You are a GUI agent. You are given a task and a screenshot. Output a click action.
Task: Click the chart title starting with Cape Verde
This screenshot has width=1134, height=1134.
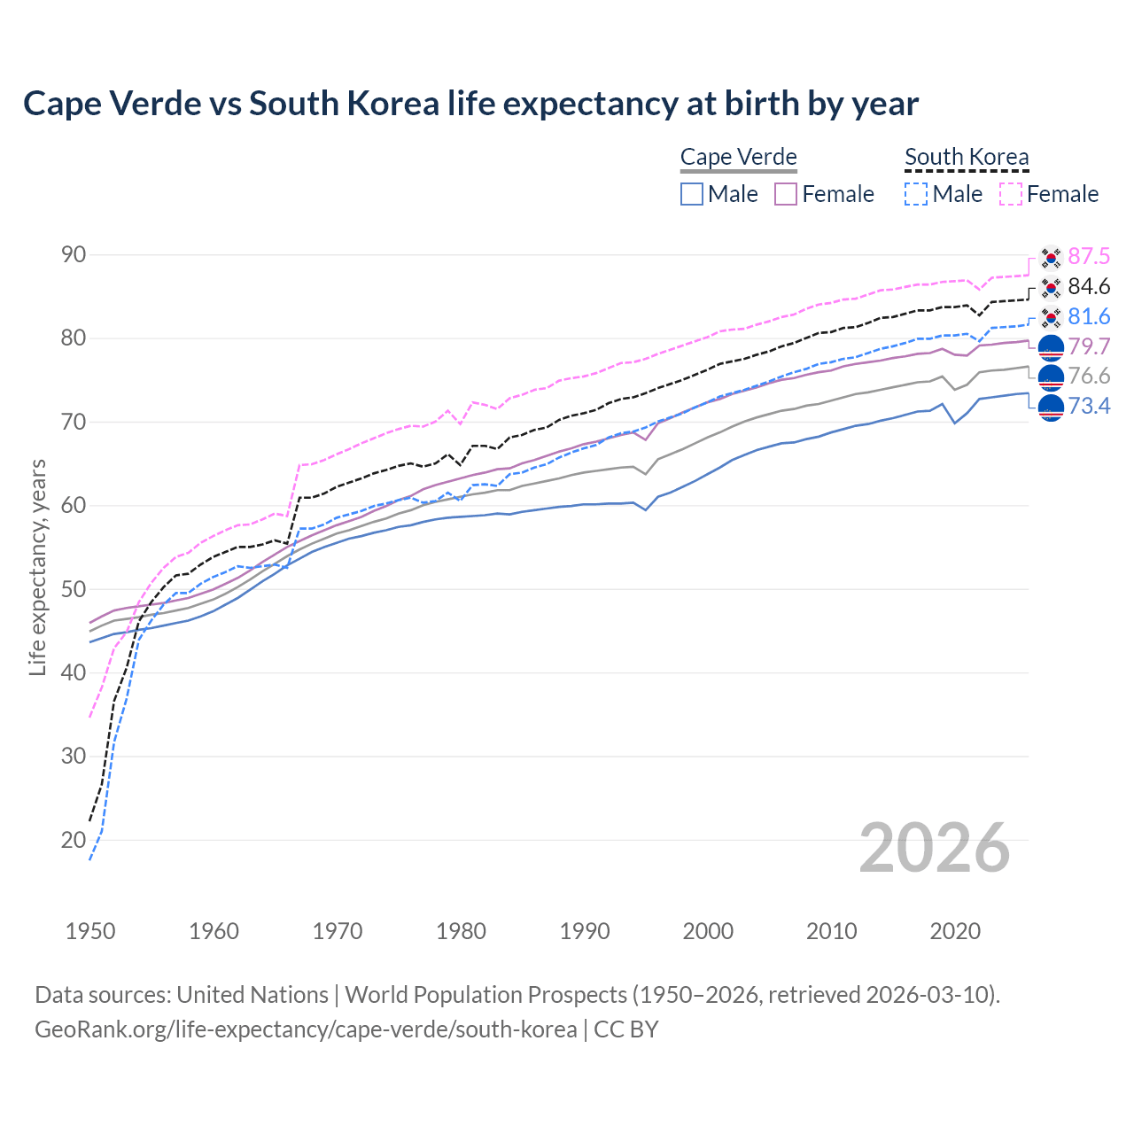point(470,104)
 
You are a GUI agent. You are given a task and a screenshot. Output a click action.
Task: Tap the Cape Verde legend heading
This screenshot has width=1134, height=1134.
point(738,157)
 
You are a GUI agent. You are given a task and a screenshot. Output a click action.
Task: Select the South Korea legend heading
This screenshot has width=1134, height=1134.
point(967,157)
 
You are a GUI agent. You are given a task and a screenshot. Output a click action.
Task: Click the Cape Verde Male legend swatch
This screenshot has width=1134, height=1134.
point(692,194)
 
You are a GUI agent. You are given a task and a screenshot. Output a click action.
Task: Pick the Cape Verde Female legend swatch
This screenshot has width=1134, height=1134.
point(786,194)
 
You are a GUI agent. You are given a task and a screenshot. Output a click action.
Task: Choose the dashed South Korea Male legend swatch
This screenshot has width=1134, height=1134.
point(916,194)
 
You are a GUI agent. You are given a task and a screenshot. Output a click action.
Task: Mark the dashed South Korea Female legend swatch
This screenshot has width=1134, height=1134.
point(1011,194)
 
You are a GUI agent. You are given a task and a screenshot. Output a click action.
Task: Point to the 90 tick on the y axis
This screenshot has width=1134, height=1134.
point(74,255)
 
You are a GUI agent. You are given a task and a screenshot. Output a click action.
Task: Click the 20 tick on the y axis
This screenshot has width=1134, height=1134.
point(74,840)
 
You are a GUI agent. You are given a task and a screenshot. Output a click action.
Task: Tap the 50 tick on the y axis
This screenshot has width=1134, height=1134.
point(74,589)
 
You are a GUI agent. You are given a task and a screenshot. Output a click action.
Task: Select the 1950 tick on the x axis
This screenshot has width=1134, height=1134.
point(90,931)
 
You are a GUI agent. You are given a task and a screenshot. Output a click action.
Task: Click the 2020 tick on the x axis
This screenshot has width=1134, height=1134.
point(955,931)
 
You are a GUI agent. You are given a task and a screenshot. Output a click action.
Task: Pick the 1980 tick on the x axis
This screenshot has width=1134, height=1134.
point(461,931)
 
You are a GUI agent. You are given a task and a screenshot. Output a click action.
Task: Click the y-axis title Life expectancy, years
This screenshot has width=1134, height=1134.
point(37,567)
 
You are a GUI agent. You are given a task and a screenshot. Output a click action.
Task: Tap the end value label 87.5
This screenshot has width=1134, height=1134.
point(1089,256)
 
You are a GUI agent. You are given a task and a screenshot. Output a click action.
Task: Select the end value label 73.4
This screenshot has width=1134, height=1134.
point(1089,406)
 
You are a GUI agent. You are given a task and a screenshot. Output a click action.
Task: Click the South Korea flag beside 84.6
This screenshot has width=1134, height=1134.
point(1051,287)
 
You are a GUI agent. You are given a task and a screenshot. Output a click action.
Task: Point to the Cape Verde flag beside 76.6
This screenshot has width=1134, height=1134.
point(1051,377)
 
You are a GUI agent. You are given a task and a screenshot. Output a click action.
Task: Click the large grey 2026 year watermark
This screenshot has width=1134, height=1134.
point(934,848)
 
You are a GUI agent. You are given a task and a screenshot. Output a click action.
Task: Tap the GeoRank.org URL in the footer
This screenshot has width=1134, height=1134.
point(306,1029)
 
